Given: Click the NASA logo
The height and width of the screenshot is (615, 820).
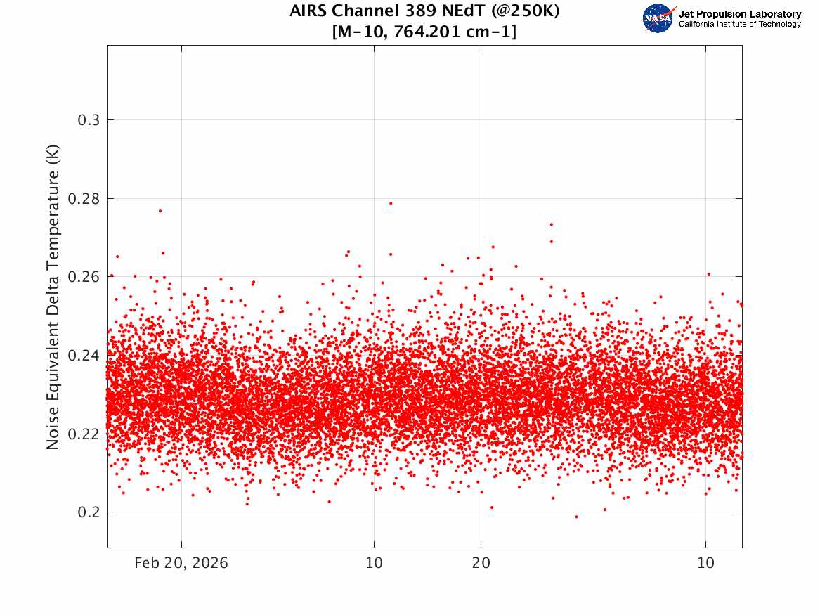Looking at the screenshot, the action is tap(658, 18).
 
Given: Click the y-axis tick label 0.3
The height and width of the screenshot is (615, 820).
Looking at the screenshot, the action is tap(89, 120).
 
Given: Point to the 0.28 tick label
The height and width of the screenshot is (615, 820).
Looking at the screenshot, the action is tap(84, 199).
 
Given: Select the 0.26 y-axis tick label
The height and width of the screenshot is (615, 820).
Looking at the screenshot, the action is tap(84, 277).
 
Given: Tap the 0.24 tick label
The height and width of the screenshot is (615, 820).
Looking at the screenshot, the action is tap(84, 356).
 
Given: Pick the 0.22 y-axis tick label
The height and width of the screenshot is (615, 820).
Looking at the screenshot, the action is tap(84, 434).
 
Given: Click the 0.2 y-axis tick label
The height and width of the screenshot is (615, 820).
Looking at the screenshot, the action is tap(89, 512).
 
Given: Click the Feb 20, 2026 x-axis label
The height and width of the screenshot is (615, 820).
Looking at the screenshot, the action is tap(181, 563).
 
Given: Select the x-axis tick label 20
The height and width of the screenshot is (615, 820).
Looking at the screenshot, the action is tap(481, 563).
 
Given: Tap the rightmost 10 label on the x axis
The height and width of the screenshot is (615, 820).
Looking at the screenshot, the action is tap(705, 563).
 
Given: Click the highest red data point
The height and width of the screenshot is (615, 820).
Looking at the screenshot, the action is tap(391, 203).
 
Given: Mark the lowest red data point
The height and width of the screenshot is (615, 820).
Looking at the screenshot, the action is tap(576, 517).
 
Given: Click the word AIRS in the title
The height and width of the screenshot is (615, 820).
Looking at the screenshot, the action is tap(308, 11).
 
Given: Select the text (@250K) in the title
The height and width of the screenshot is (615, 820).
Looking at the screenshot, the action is tap(525, 11).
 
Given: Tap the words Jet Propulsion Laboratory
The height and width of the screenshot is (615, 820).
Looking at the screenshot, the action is tap(739, 14).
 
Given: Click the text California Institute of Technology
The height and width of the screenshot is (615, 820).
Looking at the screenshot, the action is tap(739, 24).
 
